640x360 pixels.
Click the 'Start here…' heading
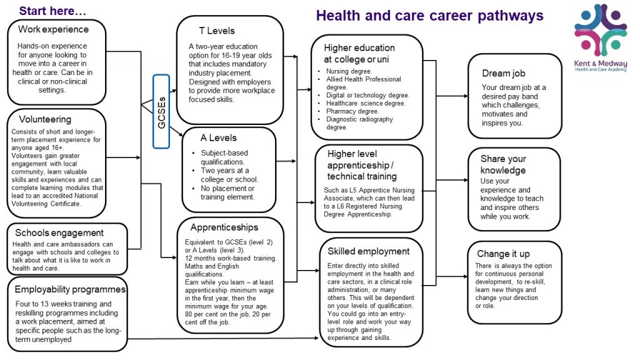point(53,11)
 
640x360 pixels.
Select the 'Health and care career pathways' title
point(429,16)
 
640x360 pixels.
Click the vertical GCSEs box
point(161,111)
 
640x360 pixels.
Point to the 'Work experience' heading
point(53,29)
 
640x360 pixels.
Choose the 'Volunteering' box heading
point(44,119)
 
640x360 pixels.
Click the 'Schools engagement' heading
point(59,232)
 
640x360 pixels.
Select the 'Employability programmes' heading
point(70,289)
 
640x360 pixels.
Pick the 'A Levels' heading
point(218,137)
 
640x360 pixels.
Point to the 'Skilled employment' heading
point(368,251)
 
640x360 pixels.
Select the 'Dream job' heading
point(503,73)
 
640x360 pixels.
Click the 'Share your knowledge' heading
point(503,164)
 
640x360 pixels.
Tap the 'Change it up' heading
point(503,254)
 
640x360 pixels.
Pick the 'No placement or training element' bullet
point(227,192)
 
